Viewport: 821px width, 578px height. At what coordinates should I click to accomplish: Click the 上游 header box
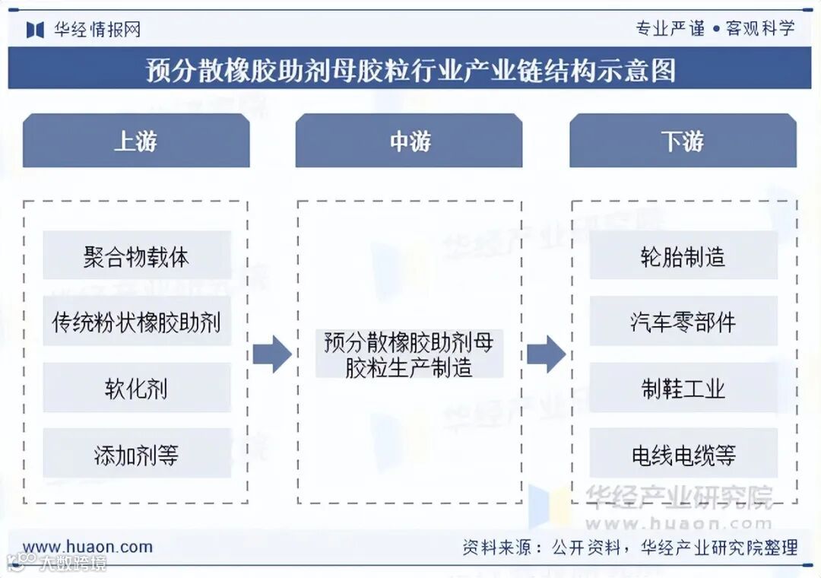(x=136, y=141)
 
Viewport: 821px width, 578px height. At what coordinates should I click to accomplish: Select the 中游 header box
(x=409, y=141)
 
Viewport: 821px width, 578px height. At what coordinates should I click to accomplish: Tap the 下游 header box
(x=683, y=141)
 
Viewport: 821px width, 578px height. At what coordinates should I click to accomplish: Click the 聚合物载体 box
(x=137, y=256)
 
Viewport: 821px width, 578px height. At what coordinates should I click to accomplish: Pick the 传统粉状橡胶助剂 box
(x=137, y=322)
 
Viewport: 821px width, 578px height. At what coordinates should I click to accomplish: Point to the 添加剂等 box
(x=137, y=454)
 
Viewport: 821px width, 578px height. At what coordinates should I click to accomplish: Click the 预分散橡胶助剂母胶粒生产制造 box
(x=409, y=354)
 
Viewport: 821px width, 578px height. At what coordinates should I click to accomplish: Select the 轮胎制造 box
(x=683, y=256)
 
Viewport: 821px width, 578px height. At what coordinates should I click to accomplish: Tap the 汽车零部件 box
(x=683, y=322)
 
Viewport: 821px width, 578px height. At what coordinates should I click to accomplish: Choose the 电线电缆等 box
(x=683, y=454)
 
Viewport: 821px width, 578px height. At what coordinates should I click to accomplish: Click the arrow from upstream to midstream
(x=271, y=354)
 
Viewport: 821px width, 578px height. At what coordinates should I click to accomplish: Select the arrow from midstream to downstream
(x=546, y=354)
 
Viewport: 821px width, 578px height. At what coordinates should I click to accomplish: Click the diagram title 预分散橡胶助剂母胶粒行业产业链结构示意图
(x=410, y=70)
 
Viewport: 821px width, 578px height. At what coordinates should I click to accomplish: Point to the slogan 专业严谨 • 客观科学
(x=715, y=29)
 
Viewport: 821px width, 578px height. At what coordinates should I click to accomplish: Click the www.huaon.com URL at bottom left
(x=87, y=546)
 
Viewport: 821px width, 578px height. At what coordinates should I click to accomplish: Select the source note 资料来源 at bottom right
(x=630, y=547)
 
